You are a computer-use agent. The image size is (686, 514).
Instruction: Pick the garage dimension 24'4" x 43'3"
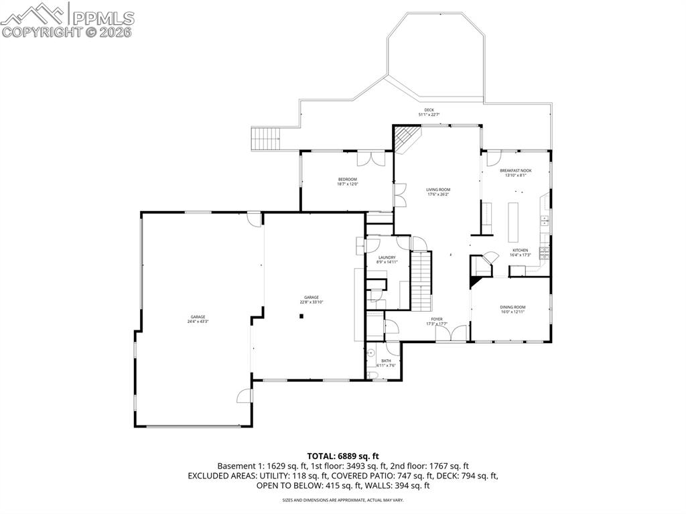[x=198, y=322]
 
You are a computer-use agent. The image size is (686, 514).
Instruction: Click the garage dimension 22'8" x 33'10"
[x=311, y=302]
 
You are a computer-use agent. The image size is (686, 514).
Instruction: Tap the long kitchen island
[x=514, y=221]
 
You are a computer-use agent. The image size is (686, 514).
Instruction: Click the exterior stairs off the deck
[x=266, y=139]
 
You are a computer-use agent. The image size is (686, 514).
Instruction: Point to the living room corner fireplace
[x=405, y=140]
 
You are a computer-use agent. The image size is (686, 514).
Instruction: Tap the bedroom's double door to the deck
[x=370, y=158]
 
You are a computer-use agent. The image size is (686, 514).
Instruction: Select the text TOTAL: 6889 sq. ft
[x=343, y=456]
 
